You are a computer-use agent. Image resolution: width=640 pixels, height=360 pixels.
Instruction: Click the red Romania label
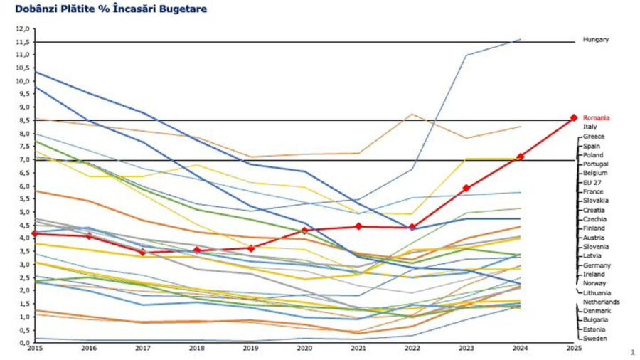[x=596, y=118]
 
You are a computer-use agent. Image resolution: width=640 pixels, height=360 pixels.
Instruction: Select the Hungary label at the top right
[x=596, y=40]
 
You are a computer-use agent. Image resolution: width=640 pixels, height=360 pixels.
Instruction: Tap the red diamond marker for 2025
[x=574, y=118]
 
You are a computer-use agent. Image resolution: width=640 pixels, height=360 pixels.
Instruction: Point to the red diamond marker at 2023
[x=466, y=189]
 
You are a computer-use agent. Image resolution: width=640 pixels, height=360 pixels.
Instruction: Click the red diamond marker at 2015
[x=35, y=233]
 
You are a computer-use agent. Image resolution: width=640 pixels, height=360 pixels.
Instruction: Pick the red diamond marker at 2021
[x=358, y=226]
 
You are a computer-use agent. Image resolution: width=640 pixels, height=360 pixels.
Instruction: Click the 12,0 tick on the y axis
[x=23, y=29]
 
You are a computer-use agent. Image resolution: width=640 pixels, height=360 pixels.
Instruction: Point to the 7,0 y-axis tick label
[x=23, y=160]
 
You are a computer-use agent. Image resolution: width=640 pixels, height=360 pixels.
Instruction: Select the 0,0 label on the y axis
[x=23, y=342]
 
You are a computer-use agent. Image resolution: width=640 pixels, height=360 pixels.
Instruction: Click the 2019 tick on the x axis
[x=250, y=349]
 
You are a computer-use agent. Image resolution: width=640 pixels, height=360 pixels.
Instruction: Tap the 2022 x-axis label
[x=412, y=349]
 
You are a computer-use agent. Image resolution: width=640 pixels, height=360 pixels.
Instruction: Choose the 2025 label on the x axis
[x=573, y=349]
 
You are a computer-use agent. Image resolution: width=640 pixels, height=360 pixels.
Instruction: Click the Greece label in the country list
[x=594, y=136]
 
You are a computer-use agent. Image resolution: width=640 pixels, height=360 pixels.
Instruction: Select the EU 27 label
[x=593, y=182]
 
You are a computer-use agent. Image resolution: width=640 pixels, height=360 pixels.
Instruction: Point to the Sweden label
[x=594, y=339]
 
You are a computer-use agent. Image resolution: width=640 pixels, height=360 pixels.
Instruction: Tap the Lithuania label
[x=597, y=292]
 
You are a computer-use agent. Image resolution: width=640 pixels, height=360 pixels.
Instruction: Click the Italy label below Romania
[x=590, y=127]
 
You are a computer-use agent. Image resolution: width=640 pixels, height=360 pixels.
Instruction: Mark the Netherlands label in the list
[x=601, y=302]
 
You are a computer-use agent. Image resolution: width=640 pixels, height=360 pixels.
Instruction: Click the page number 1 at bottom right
[x=631, y=352]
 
